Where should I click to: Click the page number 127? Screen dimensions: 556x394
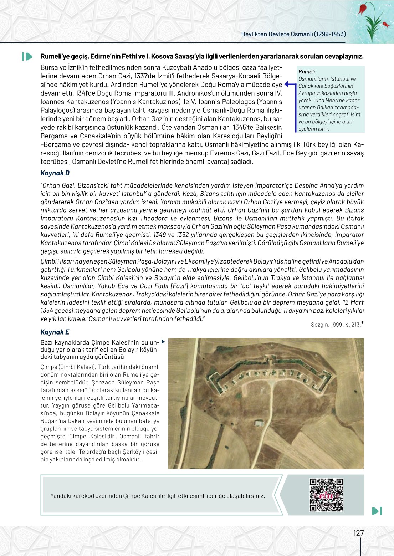coord(358,533)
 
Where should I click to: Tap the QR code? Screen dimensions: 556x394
coord(326,495)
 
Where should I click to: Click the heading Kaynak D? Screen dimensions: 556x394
coord(55,173)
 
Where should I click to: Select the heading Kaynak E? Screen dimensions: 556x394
coord(55,332)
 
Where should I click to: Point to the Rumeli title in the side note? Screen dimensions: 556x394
coord(307,72)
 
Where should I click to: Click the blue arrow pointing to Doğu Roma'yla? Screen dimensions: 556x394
coord(290,85)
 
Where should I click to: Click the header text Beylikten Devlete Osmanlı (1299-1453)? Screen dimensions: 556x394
coord(293,34)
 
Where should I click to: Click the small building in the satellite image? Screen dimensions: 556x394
coord(259,423)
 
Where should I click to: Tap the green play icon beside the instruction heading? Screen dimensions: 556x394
coord(27,56)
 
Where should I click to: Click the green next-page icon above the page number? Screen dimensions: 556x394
coord(377,511)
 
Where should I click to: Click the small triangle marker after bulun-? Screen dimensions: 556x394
coord(163,342)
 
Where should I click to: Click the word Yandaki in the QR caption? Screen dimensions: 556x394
coord(61,496)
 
